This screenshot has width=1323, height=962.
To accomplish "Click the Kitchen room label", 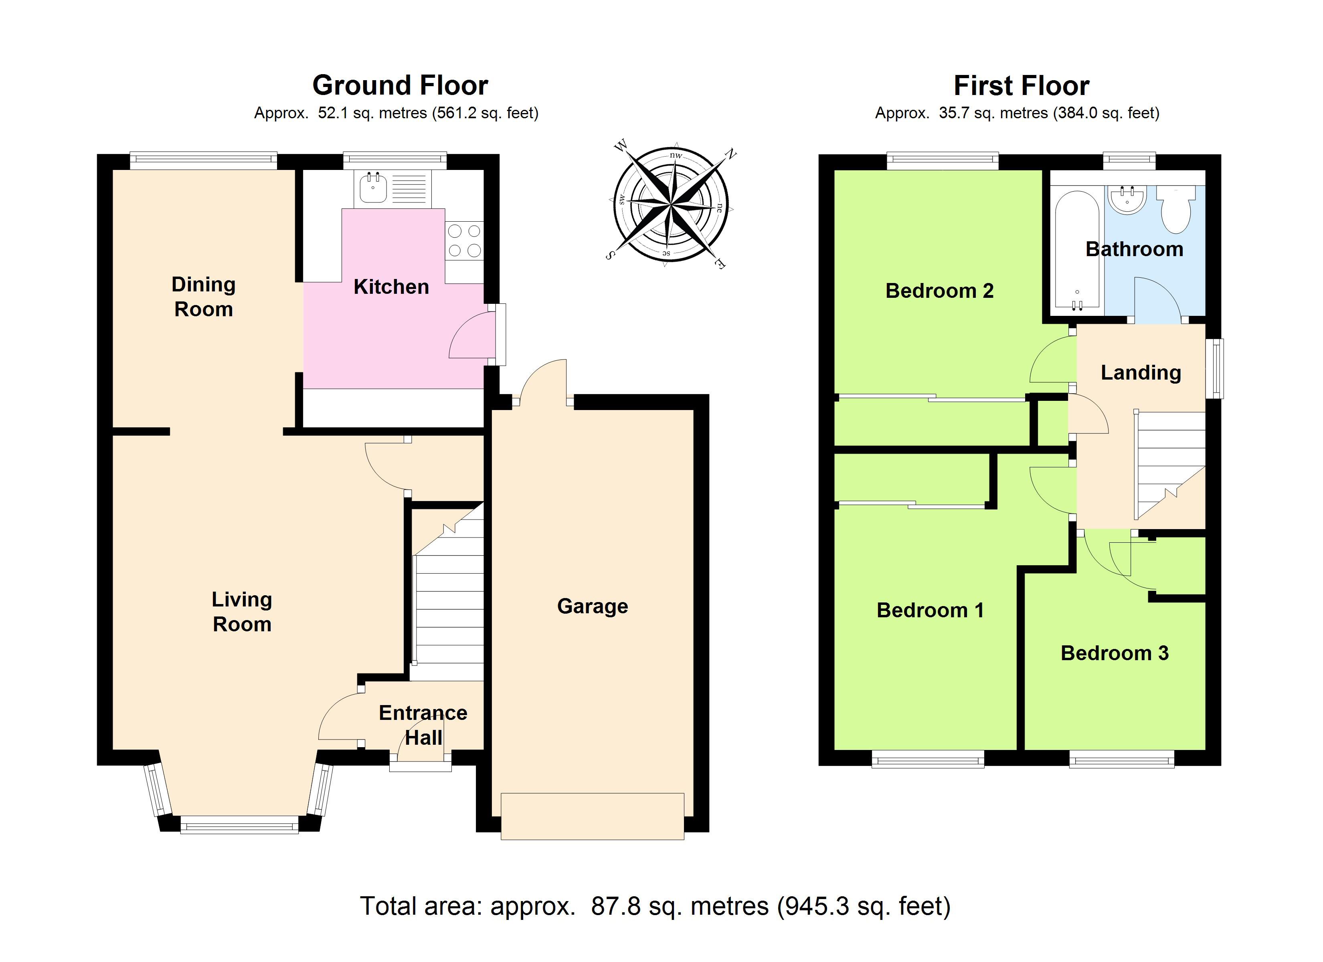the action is pyautogui.click(x=391, y=287).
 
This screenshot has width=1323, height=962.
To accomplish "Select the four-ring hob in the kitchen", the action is pyautogui.click(x=464, y=241).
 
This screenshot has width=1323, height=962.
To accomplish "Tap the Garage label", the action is pyautogui.click(x=593, y=607).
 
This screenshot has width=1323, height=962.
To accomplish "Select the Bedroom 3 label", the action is pyautogui.click(x=1114, y=653).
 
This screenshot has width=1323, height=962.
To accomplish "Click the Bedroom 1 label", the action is pyautogui.click(x=930, y=610).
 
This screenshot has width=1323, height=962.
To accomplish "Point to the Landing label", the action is pyautogui.click(x=1141, y=373).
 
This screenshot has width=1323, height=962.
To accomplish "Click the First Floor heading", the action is pyautogui.click(x=1022, y=86).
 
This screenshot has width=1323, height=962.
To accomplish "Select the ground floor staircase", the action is pyautogui.click(x=447, y=592).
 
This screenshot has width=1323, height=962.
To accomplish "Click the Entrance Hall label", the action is pyautogui.click(x=423, y=725).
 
